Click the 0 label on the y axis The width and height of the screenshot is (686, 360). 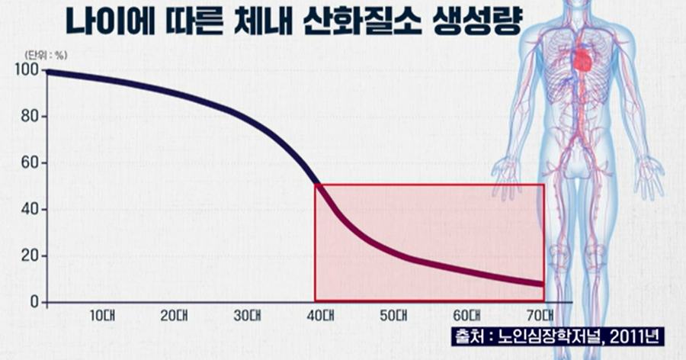click(34, 302)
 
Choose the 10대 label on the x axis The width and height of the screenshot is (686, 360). click(101, 315)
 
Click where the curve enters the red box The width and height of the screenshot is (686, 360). click(316, 185)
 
